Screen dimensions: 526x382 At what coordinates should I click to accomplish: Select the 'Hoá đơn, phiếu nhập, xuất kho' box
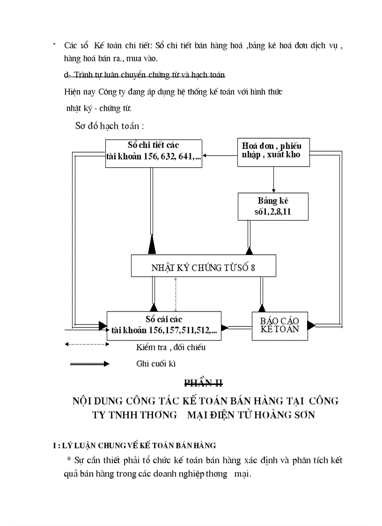(x=273, y=152)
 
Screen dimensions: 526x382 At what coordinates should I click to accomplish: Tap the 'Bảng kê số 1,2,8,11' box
(x=273, y=207)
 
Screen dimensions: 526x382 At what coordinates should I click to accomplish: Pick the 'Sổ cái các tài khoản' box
(x=164, y=326)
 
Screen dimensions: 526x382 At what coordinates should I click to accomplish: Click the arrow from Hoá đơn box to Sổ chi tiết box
(x=220, y=156)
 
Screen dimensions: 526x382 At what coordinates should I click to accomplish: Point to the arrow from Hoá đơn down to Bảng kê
(x=273, y=179)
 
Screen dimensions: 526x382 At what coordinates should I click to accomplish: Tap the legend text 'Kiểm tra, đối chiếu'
(x=170, y=348)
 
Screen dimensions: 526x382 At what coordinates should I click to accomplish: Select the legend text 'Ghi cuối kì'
(x=156, y=363)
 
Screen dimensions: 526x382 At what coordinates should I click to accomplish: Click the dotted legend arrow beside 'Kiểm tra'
(x=87, y=344)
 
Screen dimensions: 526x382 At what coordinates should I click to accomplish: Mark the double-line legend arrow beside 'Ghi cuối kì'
(x=89, y=363)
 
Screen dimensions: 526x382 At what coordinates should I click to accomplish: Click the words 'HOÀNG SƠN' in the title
(x=289, y=415)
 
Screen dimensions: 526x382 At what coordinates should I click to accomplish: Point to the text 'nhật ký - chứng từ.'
(x=99, y=108)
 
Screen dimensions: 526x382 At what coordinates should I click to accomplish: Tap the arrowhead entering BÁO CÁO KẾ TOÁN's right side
(x=311, y=325)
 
